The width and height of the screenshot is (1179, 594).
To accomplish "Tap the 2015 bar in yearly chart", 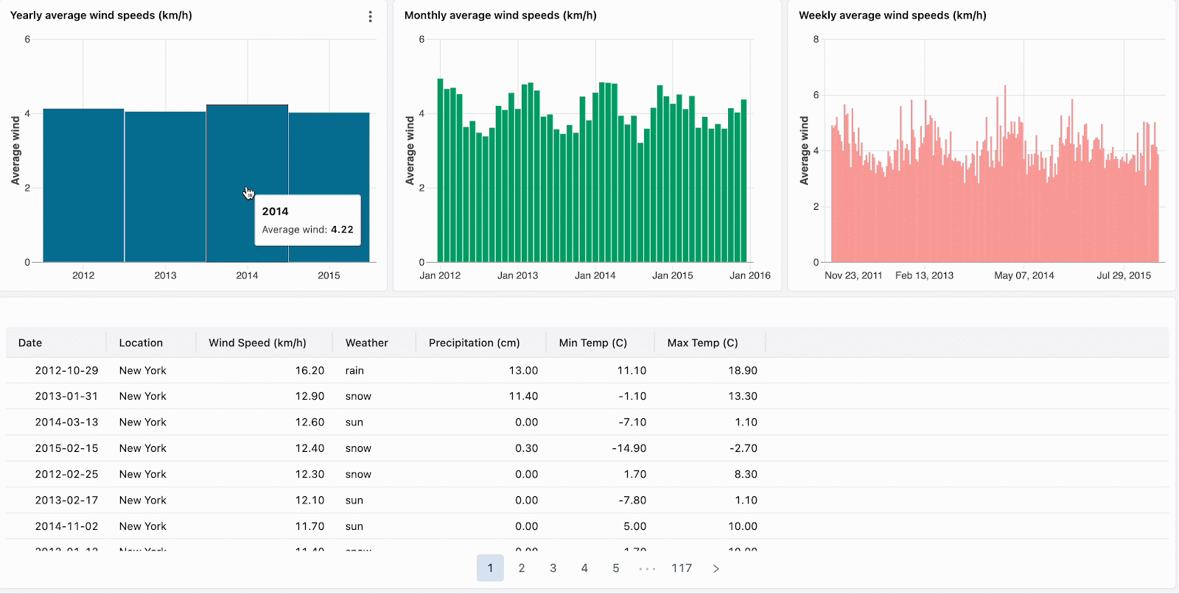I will click(329, 162).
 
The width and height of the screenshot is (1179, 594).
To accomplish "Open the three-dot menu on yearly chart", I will click(370, 16).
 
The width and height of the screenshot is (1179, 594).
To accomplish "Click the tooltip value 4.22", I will click(342, 230).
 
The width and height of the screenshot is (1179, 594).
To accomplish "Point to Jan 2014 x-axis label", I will click(595, 275).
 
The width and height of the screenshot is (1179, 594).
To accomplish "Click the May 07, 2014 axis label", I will click(1024, 275).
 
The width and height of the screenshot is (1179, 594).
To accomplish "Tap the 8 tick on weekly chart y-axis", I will click(816, 40).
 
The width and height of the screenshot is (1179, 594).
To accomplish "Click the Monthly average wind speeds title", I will click(500, 15).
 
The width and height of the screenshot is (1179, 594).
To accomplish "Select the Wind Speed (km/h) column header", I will click(257, 343).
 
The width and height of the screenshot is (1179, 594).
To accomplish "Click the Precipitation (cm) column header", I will click(474, 343).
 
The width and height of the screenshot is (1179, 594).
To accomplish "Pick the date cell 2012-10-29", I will click(66, 370).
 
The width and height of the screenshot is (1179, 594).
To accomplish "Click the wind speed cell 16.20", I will click(309, 370).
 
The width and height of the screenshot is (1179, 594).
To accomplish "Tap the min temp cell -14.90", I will click(629, 448).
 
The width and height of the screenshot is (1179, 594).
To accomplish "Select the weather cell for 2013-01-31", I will click(358, 396).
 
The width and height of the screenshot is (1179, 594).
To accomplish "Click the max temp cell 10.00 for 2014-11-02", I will click(742, 526).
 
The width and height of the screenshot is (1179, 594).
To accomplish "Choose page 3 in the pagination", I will click(553, 568).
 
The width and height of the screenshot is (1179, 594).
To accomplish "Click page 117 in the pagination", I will click(682, 568).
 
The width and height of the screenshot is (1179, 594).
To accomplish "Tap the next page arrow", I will click(716, 568).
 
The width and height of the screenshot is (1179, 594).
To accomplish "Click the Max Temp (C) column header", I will click(702, 343).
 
